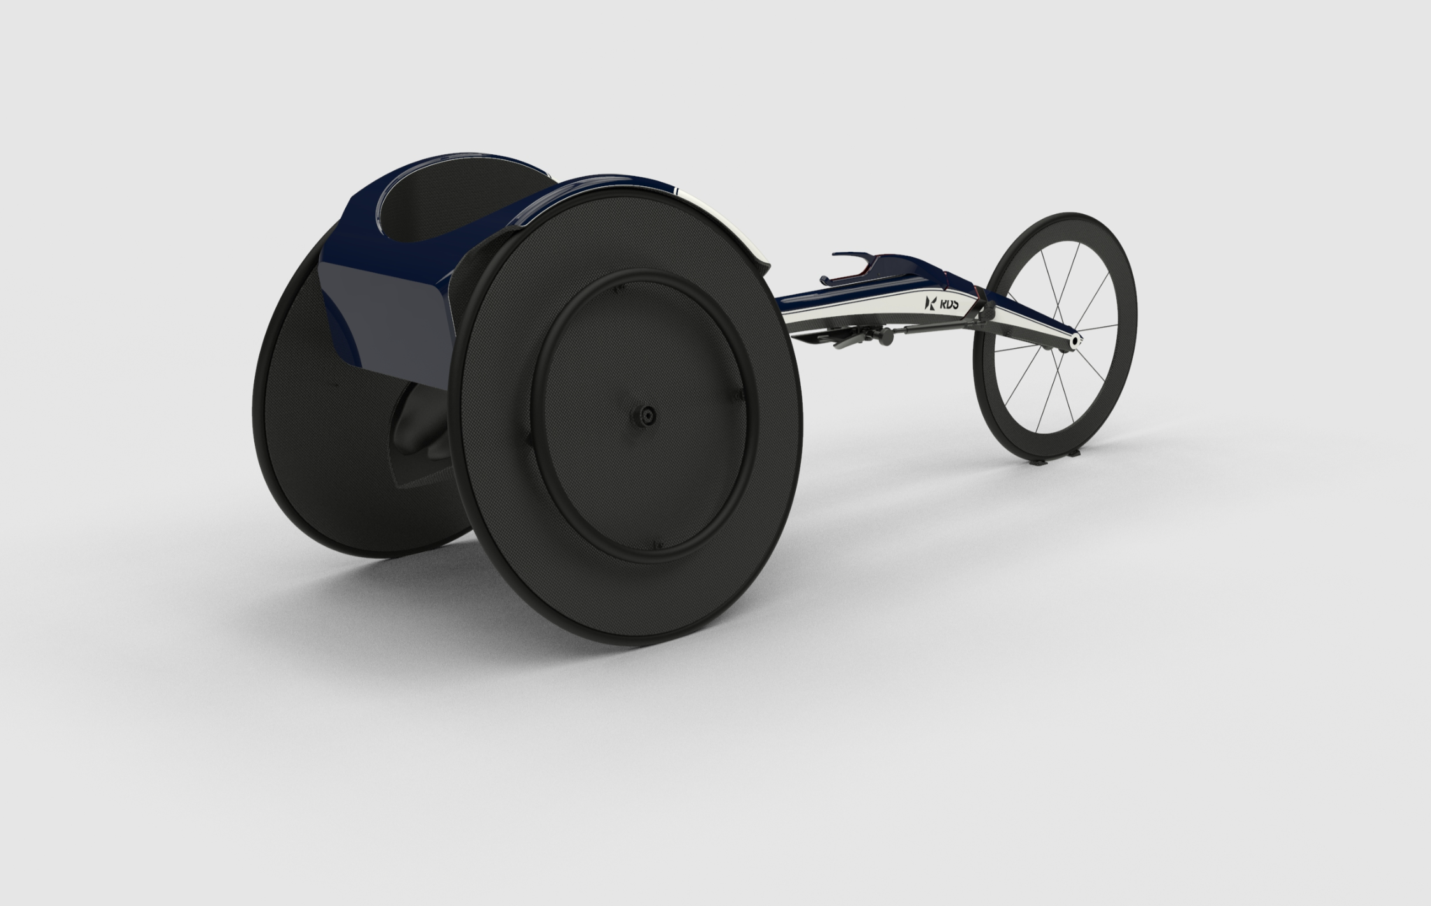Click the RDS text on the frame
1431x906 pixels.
tap(949, 306)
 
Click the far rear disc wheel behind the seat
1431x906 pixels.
tap(306, 446)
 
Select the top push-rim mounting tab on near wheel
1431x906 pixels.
tap(616, 289)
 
